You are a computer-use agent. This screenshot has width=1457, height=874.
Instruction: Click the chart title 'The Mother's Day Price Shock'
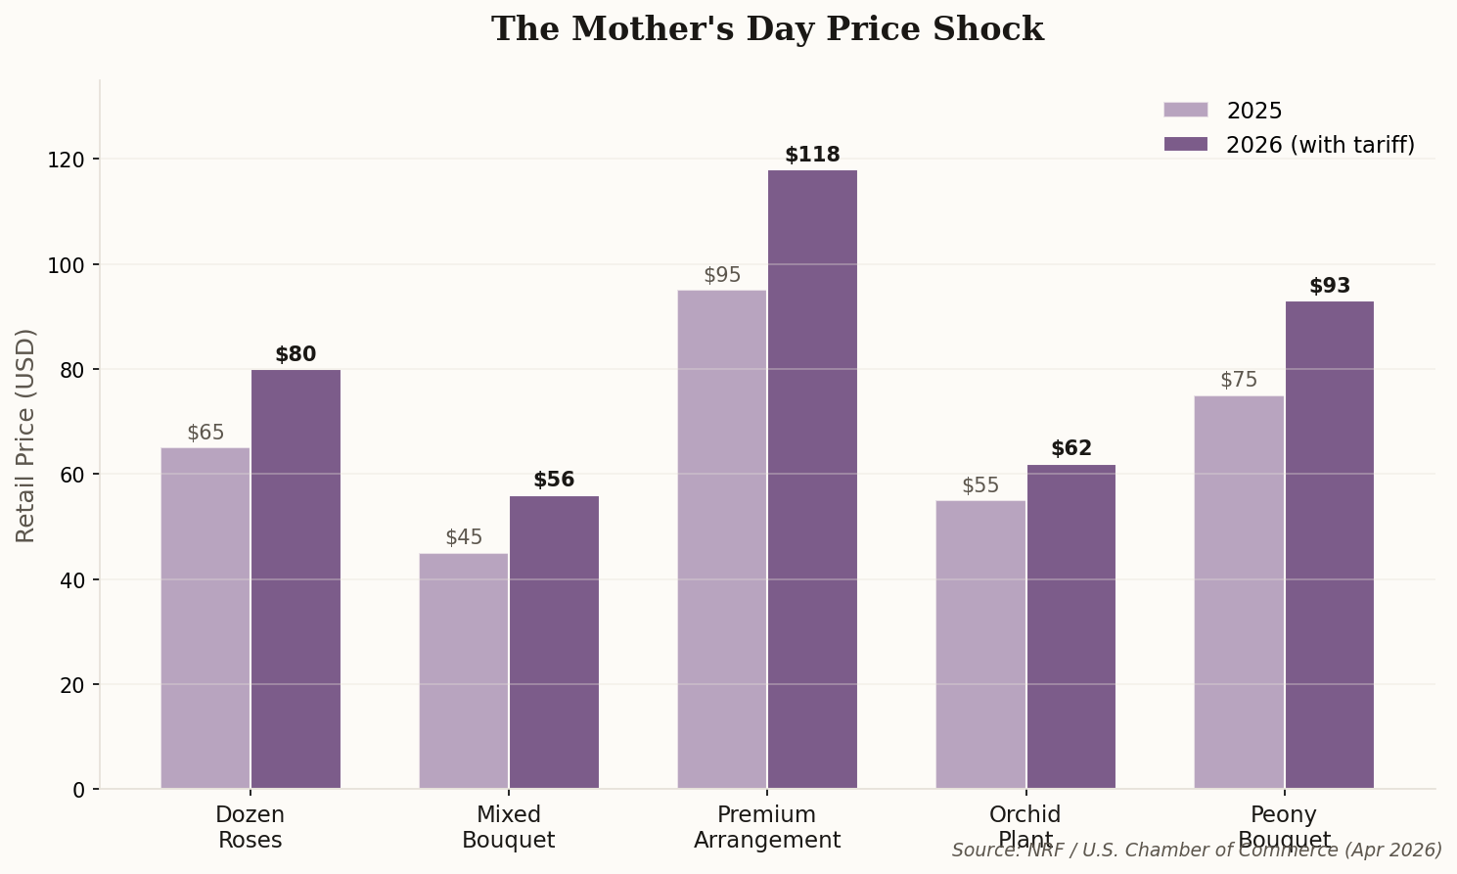pos(767,29)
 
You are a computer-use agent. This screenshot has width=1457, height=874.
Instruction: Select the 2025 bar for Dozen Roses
pos(205,618)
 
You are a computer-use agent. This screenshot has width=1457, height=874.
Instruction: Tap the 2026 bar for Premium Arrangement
pos(812,480)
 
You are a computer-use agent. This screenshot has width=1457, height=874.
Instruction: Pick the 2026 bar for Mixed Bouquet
pos(554,642)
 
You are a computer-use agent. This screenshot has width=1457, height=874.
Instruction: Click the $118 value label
pos(812,155)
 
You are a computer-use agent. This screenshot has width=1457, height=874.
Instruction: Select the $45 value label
pos(464,537)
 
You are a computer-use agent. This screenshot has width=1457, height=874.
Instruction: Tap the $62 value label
pos(1070,448)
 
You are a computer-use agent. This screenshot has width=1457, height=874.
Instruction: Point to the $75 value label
pos(1239,380)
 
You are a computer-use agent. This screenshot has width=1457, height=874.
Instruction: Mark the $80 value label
pos(296,354)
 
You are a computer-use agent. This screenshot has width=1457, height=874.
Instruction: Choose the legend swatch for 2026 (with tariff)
pos(1186,145)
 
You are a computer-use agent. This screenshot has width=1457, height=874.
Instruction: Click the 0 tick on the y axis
pos(79,789)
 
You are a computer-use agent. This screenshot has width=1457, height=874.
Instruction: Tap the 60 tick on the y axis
pos(73,475)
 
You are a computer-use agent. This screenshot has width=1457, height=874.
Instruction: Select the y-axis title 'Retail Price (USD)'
pos(26,435)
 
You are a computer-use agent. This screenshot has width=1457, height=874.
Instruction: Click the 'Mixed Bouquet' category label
pos(508,827)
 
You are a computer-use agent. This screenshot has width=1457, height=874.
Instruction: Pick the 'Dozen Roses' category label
pos(250,827)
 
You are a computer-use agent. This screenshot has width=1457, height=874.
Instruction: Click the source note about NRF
pos(1197,850)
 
